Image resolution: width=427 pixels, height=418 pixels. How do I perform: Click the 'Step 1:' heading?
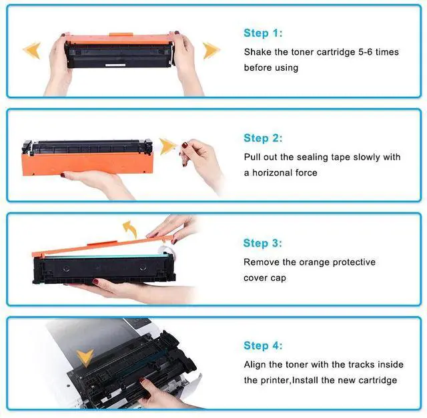263,33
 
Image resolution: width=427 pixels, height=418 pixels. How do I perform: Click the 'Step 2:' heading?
263,138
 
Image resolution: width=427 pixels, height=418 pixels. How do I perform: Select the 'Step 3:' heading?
263,243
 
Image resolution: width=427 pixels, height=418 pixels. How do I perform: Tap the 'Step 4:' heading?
263,346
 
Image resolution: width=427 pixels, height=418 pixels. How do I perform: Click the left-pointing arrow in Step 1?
31,50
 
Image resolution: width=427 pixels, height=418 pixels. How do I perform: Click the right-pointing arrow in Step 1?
211,50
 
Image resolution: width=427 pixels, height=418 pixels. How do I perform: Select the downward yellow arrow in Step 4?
84,357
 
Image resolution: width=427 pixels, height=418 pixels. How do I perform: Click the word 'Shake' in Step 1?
258,51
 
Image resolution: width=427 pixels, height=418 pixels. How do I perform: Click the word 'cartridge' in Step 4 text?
376,381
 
